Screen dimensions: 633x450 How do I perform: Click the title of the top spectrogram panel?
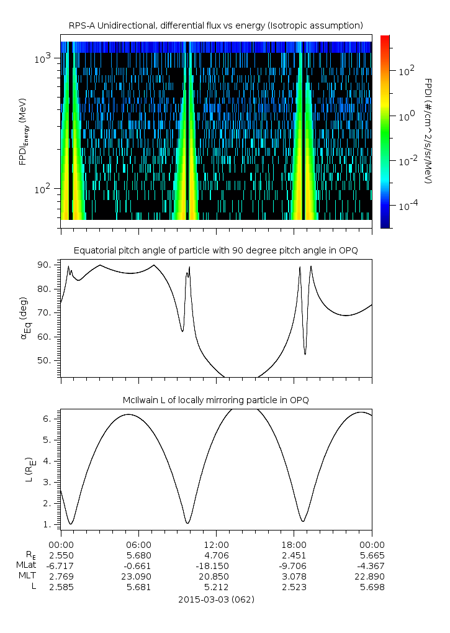(216, 25)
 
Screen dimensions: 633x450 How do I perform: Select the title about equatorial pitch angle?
(216, 250)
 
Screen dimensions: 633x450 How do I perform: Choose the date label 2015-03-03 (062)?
(216, 599)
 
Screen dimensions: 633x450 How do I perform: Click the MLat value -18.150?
(216, 565)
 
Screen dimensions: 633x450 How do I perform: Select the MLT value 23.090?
(138, 576)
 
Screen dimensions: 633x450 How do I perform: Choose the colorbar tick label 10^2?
(405, 71)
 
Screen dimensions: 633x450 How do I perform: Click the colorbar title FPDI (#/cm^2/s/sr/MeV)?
(428, 131)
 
